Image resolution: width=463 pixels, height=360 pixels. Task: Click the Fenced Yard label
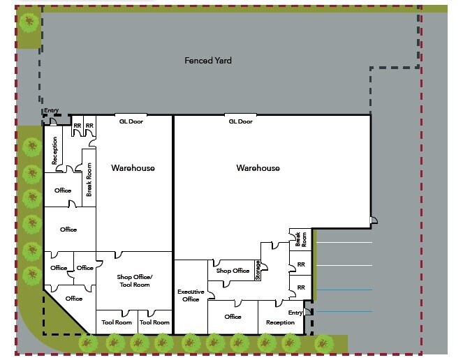point(208,61)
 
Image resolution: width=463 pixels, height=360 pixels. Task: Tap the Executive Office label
point(191,295)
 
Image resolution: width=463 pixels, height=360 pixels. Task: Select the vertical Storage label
point(258,270)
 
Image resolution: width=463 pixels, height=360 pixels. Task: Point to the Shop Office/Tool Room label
point(135,280)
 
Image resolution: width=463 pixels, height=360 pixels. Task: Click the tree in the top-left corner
point(29,22)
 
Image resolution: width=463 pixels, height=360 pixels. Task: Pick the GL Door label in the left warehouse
point(131,121)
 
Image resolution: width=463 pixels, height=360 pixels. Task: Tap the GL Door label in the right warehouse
point(241,121)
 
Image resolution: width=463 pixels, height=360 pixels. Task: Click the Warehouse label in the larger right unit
point(258,168)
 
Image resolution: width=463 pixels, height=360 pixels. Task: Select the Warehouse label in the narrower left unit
point(133,168)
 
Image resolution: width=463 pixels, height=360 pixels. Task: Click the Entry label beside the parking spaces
point(295,313)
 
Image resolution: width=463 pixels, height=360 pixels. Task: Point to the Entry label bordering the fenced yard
point(52,110)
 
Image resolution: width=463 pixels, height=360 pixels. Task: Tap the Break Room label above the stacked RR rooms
point(300,239)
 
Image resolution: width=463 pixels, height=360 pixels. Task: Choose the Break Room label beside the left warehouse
point(89,180)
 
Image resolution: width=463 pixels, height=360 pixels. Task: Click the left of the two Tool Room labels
point(117,322)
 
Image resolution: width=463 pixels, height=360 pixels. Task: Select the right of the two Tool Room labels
point(154,322)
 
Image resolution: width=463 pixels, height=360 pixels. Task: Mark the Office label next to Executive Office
point(233,317)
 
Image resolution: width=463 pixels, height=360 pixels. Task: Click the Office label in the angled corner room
point(74,299)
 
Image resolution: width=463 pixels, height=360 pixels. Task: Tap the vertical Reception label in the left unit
point(54,151)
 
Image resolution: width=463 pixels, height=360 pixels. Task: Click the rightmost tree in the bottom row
point(323,343)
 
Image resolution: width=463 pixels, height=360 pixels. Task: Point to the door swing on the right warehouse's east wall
point(374,220)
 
